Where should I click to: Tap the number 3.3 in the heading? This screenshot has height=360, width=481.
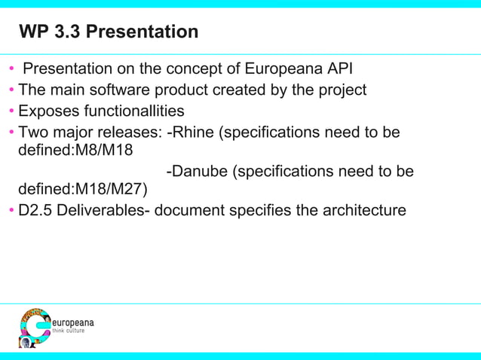(68, 32)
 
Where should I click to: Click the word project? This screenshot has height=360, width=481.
(342, 90)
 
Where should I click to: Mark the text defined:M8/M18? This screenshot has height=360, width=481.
(75, 149)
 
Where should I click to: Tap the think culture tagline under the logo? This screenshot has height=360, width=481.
(68, 331)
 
